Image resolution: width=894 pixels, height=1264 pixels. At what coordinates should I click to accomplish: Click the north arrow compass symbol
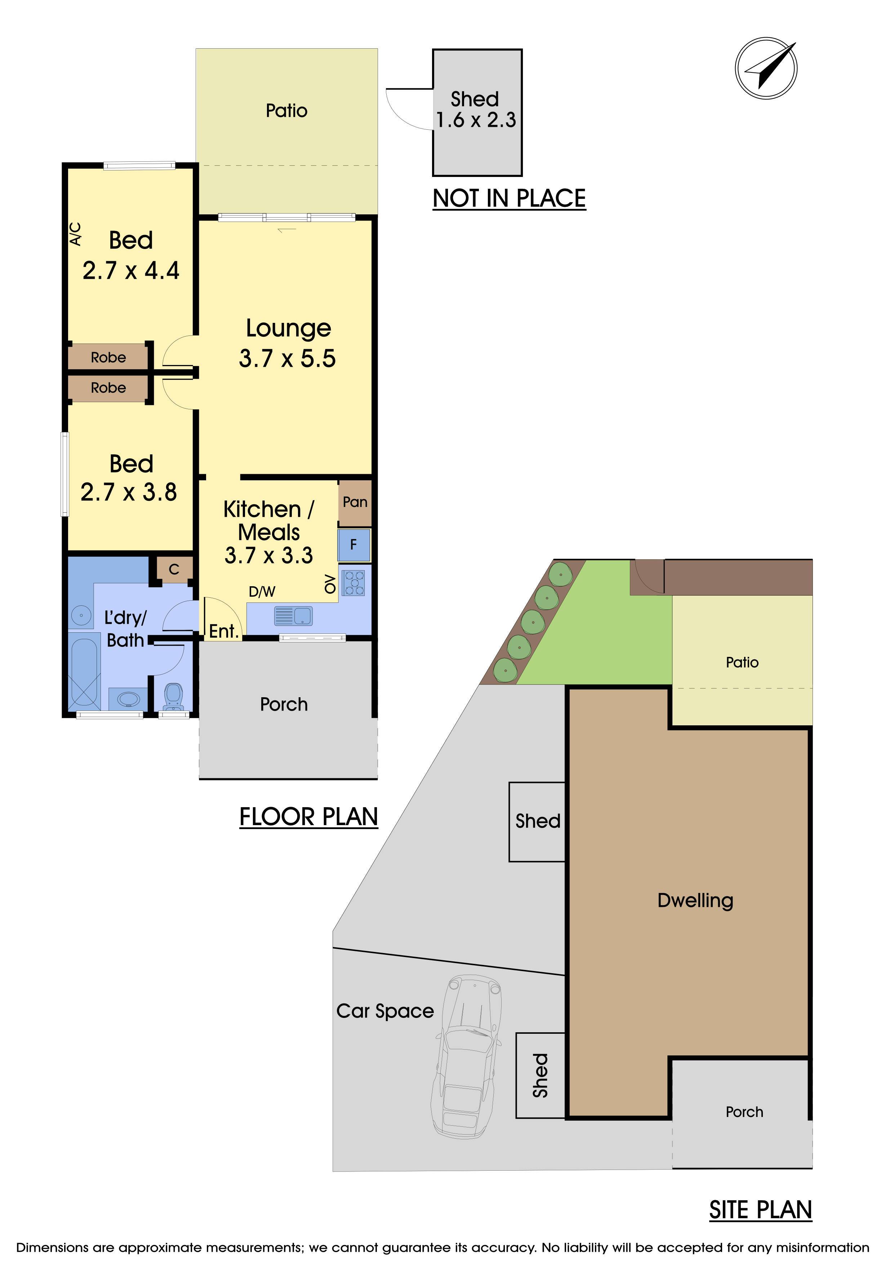[x=766, y=68]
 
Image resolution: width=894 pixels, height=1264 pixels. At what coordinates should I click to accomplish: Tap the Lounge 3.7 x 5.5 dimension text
[x=287, y=359]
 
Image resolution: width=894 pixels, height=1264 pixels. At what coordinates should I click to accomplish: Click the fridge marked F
[x=354, y=545]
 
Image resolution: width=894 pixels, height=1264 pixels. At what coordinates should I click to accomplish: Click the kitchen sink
[x=293, y=615]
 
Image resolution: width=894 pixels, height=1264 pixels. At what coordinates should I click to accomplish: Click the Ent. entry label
[x=223, y=631]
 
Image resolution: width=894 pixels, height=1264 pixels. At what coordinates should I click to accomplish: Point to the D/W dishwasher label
[x=262, y=592]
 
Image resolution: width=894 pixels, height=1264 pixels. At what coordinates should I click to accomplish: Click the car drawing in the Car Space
[x=467, y=1056]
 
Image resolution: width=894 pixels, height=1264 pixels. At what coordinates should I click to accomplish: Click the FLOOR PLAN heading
[x=309, y=817]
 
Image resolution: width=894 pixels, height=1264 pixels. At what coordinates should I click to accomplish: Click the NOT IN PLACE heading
[x=509, y=198]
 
